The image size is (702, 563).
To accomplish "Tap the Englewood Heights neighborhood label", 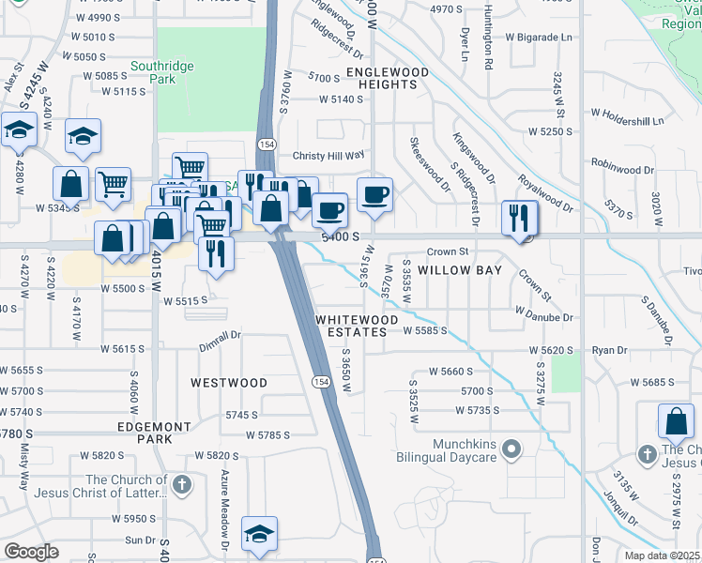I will click(388, 78).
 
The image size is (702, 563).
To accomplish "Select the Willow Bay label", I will click(460, 270).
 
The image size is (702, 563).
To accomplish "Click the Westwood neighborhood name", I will click(229, 383).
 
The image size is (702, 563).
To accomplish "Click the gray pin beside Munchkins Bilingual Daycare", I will click(511, 450).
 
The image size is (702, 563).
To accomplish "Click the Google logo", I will click(30, 552).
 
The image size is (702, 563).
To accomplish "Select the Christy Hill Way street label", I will click(328, 155).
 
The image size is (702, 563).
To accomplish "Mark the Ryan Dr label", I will click(609, 350).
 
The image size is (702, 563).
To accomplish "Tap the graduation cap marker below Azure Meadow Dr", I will click(259, 533).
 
